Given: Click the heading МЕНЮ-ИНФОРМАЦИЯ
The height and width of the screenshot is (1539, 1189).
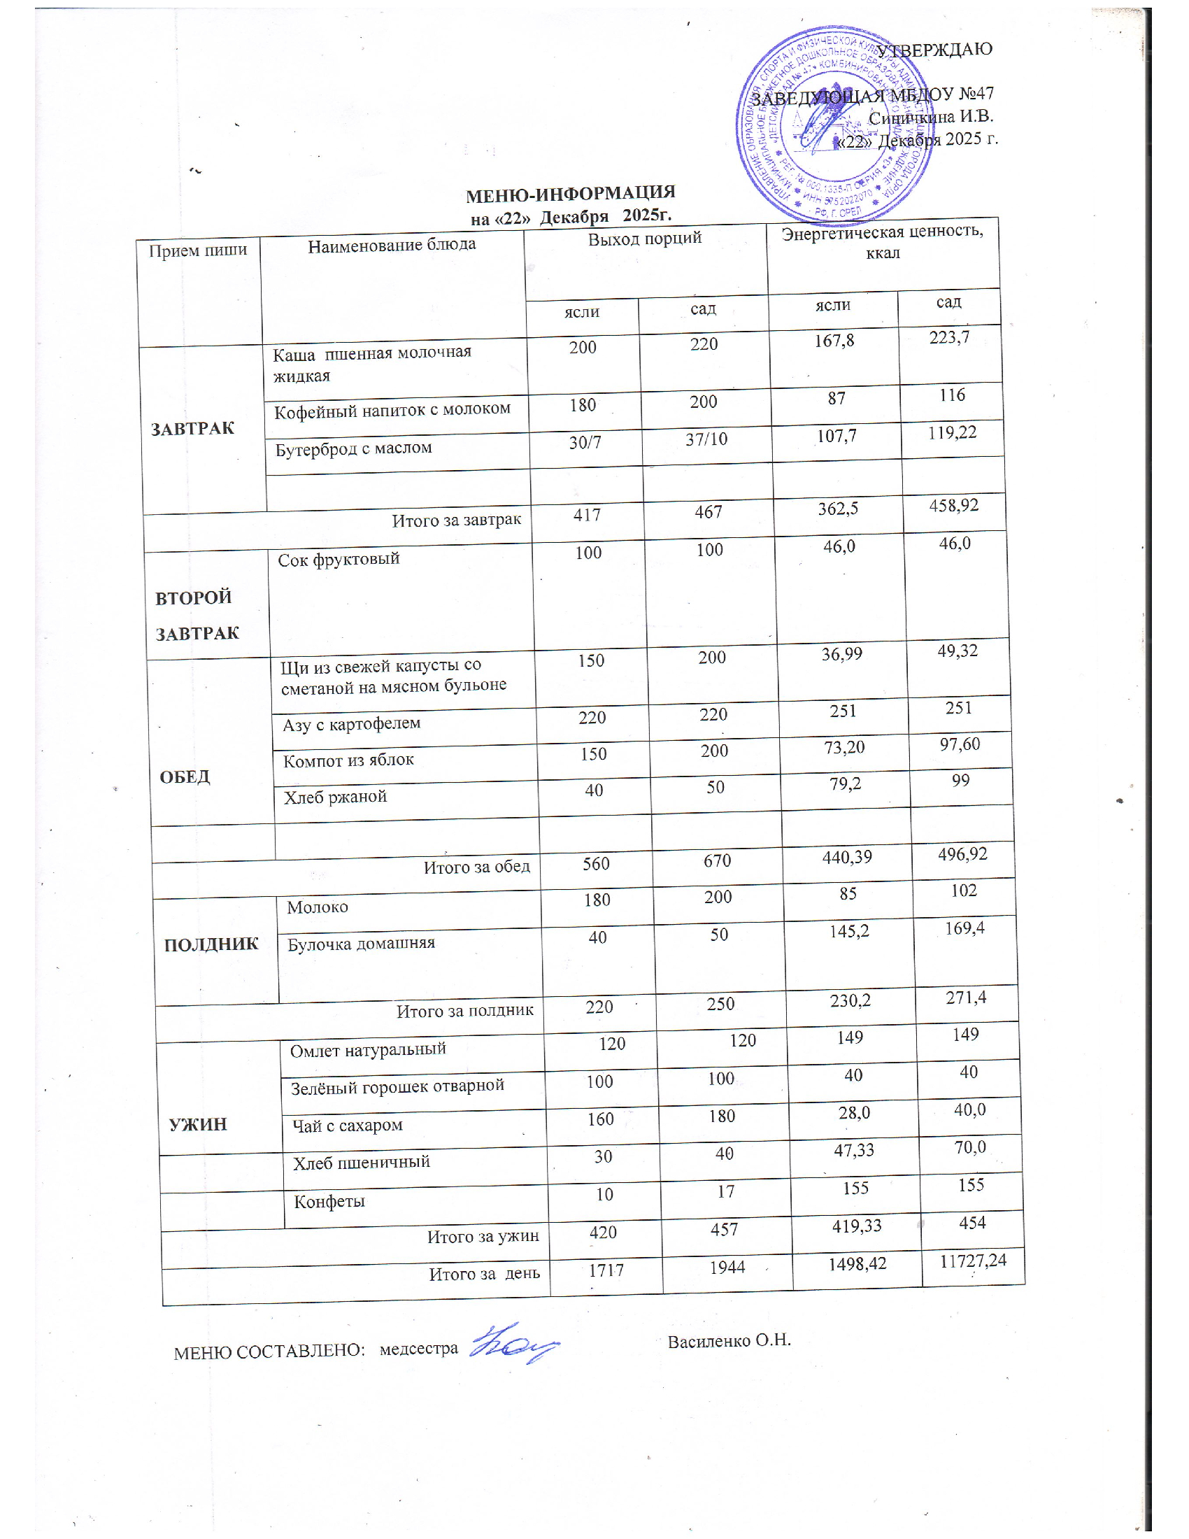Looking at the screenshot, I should pos(571,192).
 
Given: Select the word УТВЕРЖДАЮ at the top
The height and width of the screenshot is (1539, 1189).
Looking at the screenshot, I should pos(934,50).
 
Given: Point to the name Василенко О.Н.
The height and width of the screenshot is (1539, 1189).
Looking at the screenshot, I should pos(729,1340).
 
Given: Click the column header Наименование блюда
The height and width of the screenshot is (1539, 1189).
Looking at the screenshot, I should pos(392,245).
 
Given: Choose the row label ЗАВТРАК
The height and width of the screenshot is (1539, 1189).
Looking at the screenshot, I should pos(192,428).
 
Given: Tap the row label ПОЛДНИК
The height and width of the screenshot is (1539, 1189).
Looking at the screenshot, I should pos(211,944).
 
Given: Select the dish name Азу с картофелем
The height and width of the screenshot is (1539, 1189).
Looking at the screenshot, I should pos(352,724).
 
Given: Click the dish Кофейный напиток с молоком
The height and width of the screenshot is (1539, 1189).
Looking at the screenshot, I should pos(392,409).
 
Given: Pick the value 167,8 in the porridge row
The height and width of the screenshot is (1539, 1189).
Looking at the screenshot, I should pos(834,341).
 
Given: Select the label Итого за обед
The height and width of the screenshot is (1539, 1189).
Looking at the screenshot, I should pos(476,866).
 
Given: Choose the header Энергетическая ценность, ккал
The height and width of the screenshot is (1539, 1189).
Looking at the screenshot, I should pos(883,242).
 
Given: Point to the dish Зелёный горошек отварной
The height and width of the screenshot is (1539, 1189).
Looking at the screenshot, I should pos(397,1086).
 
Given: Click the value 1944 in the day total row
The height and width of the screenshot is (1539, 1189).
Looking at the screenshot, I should pos(727,1267).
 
